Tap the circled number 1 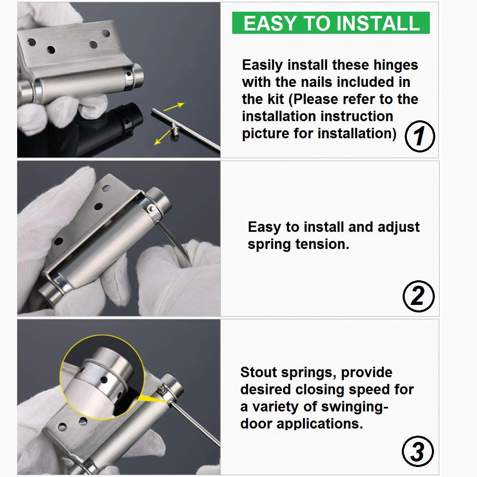click(x=420, y=136)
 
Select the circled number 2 click(x=419, y=296)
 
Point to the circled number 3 click(x=418, y=452)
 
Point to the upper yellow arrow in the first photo click(x=174, y=107)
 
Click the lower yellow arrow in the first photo click(x=163, y=137)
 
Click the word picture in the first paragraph click(x=265, y=134)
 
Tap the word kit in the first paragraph click(x=276, y=99)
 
